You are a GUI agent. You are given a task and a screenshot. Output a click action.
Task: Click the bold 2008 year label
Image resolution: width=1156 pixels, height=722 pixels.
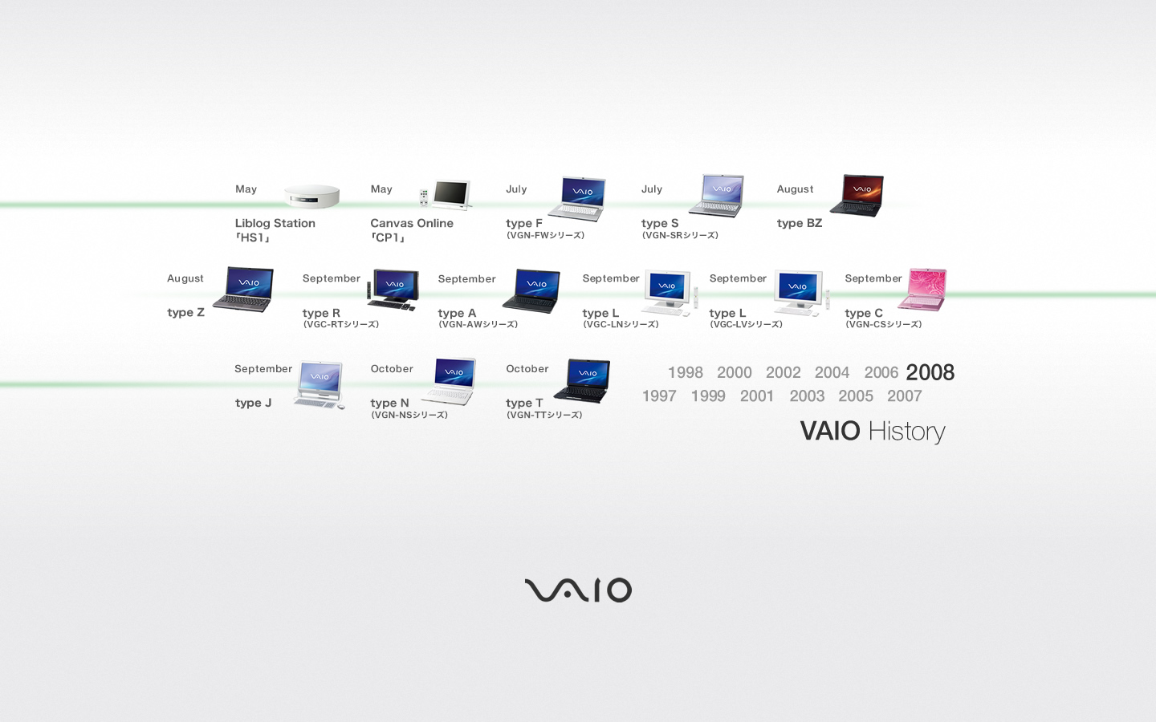pyautogui.click(x=930, y=372)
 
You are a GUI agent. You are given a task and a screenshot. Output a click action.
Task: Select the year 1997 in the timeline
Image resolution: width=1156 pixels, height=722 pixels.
pyautogui.click(x=659, y=396)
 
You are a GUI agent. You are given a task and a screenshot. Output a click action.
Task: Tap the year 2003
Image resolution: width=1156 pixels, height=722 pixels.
pyautogui.click(x=807, y=396)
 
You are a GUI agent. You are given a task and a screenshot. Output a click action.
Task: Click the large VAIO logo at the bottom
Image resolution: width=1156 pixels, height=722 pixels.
pyautogui.click(x=578, y=590)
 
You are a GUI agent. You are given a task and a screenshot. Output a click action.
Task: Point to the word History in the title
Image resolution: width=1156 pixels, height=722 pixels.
pyautogui.click(x=907, y=432)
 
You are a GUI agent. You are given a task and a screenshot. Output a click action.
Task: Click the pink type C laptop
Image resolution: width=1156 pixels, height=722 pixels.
pyautogui.click(x=922, y=290)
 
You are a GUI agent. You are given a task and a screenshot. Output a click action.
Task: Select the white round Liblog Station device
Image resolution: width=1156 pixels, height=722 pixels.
pyautogui.click(x=311, y=196)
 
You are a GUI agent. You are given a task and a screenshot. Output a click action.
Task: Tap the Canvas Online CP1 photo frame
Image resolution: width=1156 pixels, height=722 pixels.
pyautogui.click(x=446, y=194)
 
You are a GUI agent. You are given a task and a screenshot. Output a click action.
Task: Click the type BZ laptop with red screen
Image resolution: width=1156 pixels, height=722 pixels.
pyautogui.click(x=857, y=196)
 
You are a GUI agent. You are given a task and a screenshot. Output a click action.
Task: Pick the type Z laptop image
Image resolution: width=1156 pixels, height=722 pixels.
pyautogui.click(x=243, y=290)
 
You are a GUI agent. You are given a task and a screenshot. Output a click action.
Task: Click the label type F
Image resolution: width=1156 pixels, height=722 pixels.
pyautogui.click(x=523, y=223)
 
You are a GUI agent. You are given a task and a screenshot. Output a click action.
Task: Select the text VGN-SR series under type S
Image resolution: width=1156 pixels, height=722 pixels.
pyautogui.click(x=680, y=235)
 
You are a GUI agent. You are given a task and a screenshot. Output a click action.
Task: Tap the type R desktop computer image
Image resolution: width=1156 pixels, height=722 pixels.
pyautogui.click(x=393, y=290)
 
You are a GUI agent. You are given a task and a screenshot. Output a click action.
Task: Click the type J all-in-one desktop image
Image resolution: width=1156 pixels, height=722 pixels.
pyautogui.click(x=320, y=385)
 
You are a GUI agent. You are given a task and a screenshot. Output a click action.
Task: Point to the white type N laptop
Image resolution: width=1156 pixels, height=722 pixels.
pyautogui.click(x=449, y=381)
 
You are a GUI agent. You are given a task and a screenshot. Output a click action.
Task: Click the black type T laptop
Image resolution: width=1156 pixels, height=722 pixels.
pyautogui.click(x=582, y=381)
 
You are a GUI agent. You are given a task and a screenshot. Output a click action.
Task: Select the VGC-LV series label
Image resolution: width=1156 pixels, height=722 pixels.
pyautogui.click(x=747, y=324)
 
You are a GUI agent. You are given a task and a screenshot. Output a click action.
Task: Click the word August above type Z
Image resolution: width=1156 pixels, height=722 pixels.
pyautogui.click(x=185, y=279)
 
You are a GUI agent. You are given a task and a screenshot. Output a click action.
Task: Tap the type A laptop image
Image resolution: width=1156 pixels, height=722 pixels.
pyautogui.click(x=531, y=291)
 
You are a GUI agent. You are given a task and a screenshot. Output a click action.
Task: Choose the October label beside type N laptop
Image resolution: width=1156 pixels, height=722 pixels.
pyautogui.click(x=392, y=369)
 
